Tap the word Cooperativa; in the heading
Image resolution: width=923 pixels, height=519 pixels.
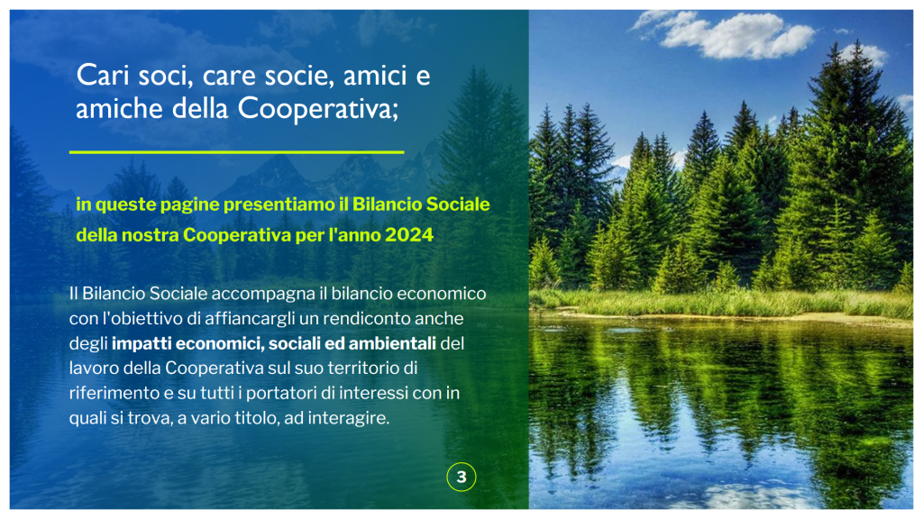(x=318, y=108)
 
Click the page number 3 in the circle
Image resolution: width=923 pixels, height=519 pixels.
(x=461, y=478)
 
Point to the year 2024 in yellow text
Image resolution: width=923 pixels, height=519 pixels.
(x=409, y=235)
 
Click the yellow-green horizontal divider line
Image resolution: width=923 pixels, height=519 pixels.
(x=237, y=151)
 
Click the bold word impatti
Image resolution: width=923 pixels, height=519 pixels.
(x=142, y=343)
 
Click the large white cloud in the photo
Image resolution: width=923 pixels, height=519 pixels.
(x=736, y=34)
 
